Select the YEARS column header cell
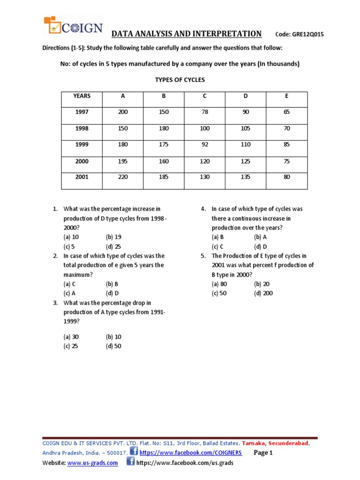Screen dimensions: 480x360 (82, 96)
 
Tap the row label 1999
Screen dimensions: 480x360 (82, 145)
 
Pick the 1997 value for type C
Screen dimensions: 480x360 (204, 112)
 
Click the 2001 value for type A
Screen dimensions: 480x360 (123, 177)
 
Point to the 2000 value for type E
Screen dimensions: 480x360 (287, 161)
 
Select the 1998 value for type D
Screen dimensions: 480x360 (246, 128)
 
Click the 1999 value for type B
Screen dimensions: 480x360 (164, 145)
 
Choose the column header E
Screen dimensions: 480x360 (287, 96)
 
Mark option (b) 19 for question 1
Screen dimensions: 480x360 (113, 237)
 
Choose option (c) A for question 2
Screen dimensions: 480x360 (71, 293)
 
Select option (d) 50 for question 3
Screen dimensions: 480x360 (113, 346)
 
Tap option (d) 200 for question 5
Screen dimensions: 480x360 (263, 293)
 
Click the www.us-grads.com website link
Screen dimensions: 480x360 (93, 463)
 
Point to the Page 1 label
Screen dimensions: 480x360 (263, 453)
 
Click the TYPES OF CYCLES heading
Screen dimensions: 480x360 (180, 80)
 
